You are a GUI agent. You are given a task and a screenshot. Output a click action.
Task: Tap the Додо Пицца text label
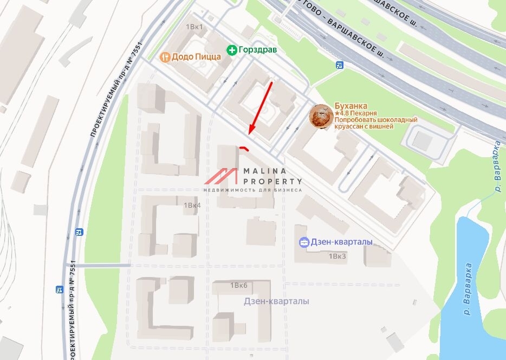click(196, 56)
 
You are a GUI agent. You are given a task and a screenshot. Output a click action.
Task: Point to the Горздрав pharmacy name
click(258, 50)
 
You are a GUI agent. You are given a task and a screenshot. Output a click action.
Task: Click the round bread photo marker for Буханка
click(321, 117)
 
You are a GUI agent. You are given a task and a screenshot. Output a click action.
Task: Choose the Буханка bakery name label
click(351, 106)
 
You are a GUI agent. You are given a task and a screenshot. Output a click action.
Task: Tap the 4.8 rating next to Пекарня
click(345, 113)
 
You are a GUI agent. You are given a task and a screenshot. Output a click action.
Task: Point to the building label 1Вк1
click(194, 26)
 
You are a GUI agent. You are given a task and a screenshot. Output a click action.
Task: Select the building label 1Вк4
click(192, 205)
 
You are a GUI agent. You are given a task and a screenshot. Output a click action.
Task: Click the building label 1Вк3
click(337, 256)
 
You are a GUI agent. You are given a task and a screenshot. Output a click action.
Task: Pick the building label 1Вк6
click(238, 285)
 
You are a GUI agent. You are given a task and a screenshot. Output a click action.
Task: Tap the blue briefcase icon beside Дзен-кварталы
click(304, 242)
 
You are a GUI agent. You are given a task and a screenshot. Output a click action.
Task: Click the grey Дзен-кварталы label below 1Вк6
click(276, 301)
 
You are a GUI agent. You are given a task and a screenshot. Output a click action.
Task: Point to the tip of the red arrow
click(250, 133)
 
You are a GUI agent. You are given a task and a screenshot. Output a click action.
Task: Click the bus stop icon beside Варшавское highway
click(340, 66)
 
